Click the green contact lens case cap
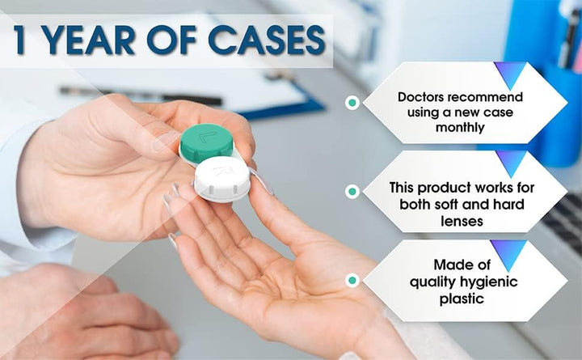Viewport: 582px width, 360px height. click(x=206, y=140)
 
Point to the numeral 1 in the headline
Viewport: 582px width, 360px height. click(x=23, y=41)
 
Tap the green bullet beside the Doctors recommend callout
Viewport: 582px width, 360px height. click(x=352, y=103)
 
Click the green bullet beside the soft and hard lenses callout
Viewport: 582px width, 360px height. click(x=352, y=192)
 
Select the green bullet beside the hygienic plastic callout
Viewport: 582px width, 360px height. click(x=352, y=280)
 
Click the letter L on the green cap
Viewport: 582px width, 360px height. click(x=209, y=131)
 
